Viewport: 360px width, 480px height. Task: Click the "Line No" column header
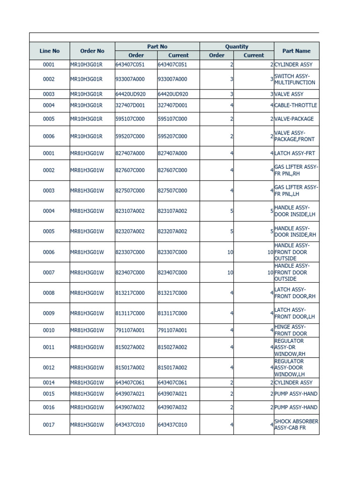[49, 51]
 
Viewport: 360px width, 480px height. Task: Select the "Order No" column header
[92, 51]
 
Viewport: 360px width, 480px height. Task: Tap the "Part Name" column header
[296, 51]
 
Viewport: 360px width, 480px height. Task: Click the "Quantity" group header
[236, 46]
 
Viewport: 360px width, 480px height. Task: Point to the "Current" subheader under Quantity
[254, 55]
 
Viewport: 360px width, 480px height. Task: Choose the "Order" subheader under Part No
[136, 55]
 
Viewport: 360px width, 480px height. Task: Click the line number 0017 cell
[49, 425]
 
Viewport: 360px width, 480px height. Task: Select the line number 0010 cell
[49, 330]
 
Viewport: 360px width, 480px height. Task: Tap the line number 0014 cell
[49, 382]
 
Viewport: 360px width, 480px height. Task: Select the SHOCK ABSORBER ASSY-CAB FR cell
[296, 425]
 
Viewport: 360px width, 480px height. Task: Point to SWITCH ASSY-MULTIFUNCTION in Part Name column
[295, 79]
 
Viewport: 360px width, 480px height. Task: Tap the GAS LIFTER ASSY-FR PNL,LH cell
[296, 190]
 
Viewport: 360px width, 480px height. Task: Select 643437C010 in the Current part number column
[172, 425]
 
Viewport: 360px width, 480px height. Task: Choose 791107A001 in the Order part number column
[130, 330]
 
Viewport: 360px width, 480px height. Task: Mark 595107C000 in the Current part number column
[172, 119]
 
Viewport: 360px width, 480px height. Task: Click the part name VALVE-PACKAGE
[294, 119]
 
